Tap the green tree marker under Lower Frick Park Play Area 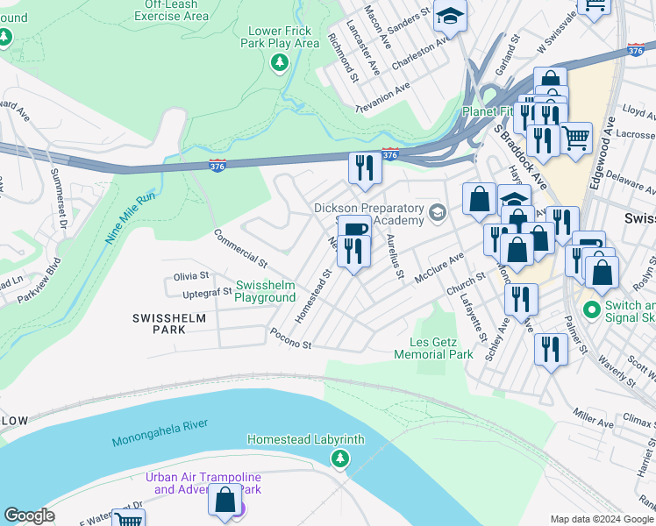279,62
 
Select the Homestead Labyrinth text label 305,439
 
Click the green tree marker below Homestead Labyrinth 339,458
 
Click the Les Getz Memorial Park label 433,348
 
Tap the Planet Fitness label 493,112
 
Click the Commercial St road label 239,247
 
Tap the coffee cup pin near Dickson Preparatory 353,230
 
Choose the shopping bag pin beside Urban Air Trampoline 225,500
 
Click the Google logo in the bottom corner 29,515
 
